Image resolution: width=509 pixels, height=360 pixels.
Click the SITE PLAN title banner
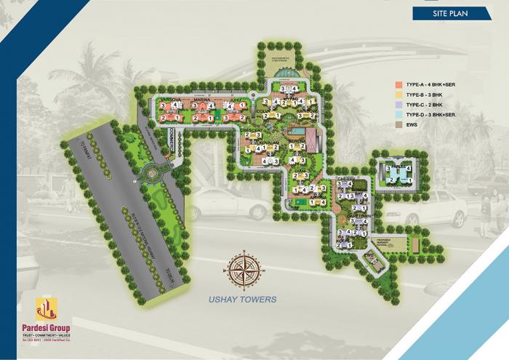tap(446, 13)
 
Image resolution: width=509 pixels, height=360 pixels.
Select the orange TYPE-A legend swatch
tap(399, 84)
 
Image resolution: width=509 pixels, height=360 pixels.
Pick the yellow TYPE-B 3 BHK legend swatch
tap(399, 95)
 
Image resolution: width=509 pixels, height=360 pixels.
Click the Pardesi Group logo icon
tap(49, 308)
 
